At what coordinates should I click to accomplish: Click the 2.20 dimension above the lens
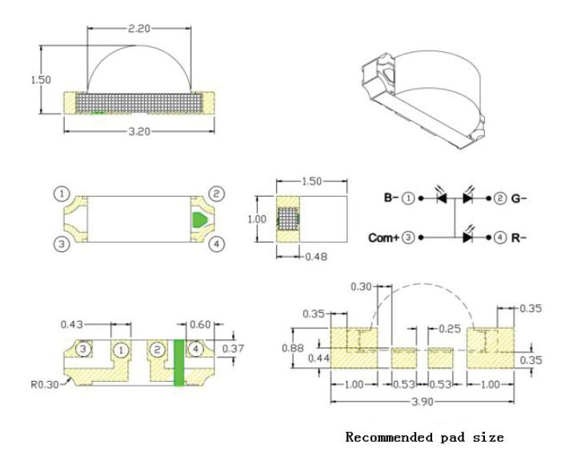click(138, 28)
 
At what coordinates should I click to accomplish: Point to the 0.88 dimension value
click(294, 347)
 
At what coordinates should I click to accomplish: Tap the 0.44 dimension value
click(319, 358)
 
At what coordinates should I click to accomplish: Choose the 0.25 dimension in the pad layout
click(451, 329)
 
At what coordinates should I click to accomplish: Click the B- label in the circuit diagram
click(391, 198)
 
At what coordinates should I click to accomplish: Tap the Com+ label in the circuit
click(384, 238)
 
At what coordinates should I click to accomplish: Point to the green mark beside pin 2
click(198, 218)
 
